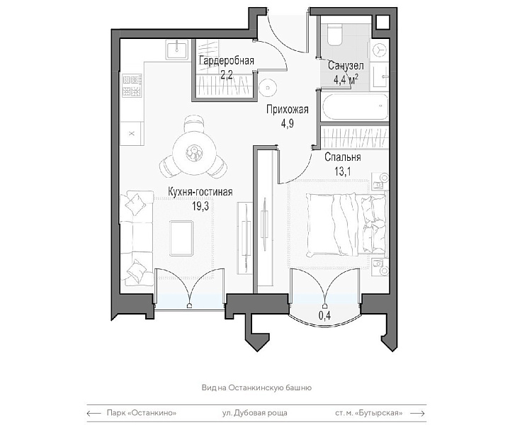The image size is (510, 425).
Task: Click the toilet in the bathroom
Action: (334, 33)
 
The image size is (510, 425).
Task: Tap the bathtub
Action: (355, 107)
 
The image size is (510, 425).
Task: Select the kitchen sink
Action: (177, 50)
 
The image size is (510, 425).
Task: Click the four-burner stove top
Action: (132, 85)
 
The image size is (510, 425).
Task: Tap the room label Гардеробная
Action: (227, 60)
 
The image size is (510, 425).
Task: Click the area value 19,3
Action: (200, 206)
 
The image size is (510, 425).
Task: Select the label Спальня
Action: (343, 157)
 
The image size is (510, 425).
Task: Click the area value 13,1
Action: (343, 171)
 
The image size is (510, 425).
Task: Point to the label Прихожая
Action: (287, 110)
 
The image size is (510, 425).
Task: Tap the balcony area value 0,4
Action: (325, 316)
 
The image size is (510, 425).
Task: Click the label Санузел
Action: (346, 66)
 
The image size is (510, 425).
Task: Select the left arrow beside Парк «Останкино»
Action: (93, 413)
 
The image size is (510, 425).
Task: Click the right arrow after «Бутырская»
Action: (418, 413)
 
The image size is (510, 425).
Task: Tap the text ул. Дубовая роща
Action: (255, 413)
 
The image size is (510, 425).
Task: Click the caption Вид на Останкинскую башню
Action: (256, 387)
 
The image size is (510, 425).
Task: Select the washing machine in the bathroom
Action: (379, 49)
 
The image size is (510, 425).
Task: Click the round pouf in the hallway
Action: (268, 88)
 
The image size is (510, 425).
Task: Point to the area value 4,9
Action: (287, 123)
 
